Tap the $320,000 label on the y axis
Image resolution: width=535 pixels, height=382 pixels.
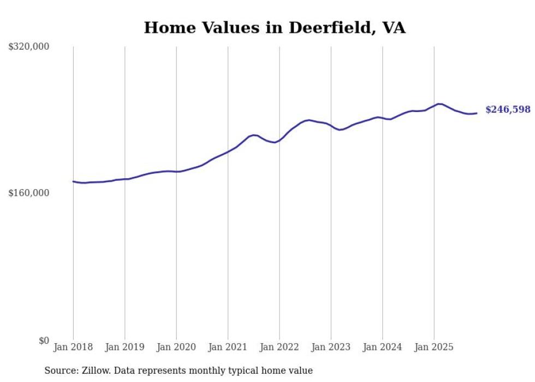pyautogui.click(x=29, y=47)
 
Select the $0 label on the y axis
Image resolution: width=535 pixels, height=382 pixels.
pyautogui.click(x=44, y=340)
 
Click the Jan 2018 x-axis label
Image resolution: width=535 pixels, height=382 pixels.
pyautogui.click(x=73, y=347)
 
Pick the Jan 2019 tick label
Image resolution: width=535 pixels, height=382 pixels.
pyautogui.click(x=124, y=347)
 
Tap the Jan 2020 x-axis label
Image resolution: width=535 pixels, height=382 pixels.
pyautogui.click(x=176, y=347)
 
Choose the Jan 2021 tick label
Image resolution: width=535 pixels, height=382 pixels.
pyautogui.click(x=228, y=347)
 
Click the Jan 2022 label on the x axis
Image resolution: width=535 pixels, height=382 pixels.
pyautogui.click(x=280, y=347)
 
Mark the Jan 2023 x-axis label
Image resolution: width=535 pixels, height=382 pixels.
pyautogui.click(x=331, y=347)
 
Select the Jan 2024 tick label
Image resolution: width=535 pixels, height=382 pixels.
pyautogui.click(x=382, y=347)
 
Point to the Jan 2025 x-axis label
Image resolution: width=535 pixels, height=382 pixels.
pyautogui.click(x=434, y=347)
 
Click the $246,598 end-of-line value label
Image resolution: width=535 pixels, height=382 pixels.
pyautogui.click(x=508, y=110)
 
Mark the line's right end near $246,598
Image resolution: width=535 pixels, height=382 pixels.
pyautogui.click(x=477, y=113)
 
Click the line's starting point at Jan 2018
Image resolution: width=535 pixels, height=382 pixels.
pyautogui.click(x=73, y=181)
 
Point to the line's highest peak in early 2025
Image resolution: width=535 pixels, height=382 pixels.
pyautogui.click(x=439, y=103)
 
